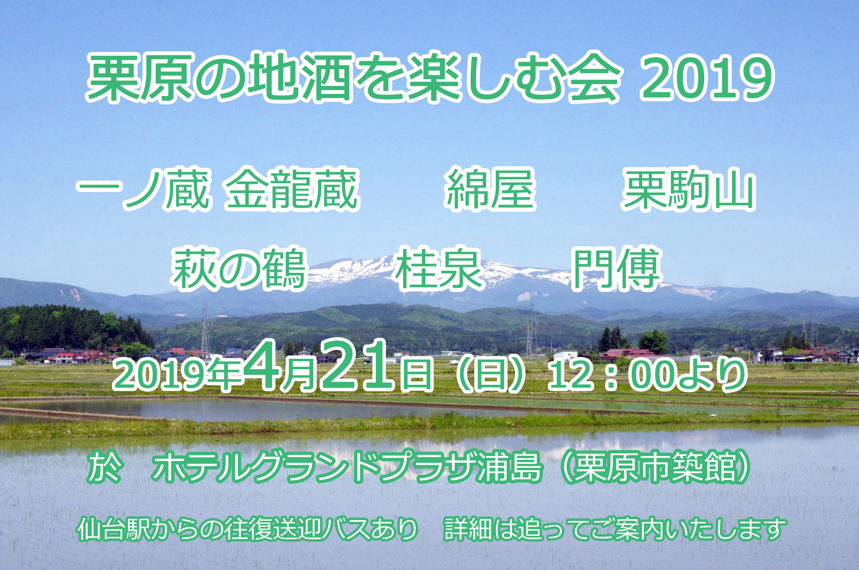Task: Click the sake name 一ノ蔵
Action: click(x=143, y=189)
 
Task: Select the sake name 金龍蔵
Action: click(x=292, y=189)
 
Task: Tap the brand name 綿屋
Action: click(x=490, y=189)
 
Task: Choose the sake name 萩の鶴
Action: click(x=239, y=269)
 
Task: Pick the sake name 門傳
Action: click(x=617, y=269)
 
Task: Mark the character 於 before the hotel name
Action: click(x=105, y=466)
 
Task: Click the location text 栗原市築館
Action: click(x=654, y=466)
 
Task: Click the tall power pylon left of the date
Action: click(x=205, y=327)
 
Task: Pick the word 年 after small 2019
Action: click(x=227, y=375)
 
